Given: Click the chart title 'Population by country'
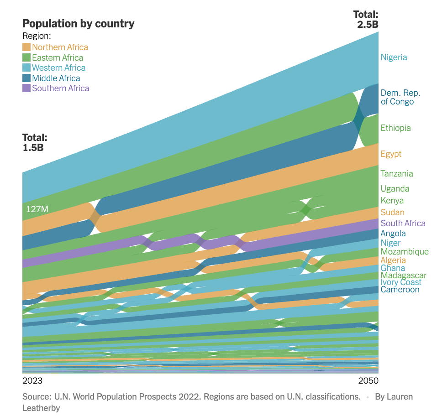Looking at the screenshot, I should coord(79,24).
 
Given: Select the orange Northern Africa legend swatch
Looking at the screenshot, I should coord(26,47).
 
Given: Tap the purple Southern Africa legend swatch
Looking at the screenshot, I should coord(26,88).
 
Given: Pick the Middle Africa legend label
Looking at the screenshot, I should coord(56,78).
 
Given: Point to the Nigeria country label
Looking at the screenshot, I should coord(394,57).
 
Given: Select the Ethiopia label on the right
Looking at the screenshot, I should coord(395,128).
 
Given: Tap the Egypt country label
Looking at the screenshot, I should coord(391,154).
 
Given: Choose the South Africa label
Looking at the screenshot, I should coord(403,223).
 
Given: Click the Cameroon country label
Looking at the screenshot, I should coord(400,290).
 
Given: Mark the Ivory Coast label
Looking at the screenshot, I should coord(401,282).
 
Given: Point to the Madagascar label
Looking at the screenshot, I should coord(403,276).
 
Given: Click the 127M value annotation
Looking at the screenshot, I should coord(37,209).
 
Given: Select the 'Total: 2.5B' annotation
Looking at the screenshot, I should coord(368,20).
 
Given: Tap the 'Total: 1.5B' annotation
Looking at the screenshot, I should coord(35,142).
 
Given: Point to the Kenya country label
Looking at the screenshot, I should coord(392,201).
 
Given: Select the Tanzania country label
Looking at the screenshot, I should coord(396,174).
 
